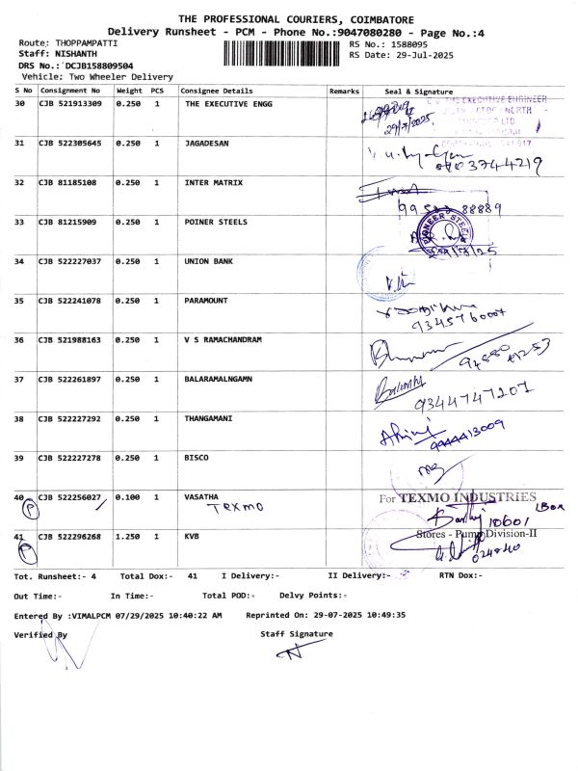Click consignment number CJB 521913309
70,103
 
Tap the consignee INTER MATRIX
214,182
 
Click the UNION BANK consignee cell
209,261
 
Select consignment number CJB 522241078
70,301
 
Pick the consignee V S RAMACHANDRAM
223,340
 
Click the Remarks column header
343,91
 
